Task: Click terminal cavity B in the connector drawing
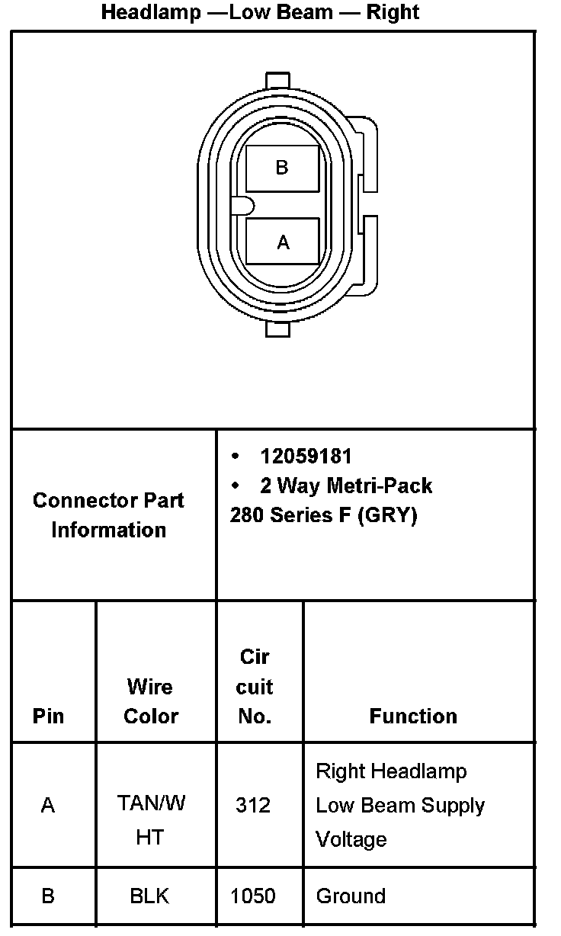tap(282, 168)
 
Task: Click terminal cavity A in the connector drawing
tap(283, 242)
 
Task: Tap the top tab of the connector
tap(277, 80)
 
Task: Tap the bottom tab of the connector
tap(277, 329)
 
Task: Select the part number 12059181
tap(306, 456)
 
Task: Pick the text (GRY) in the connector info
tap(389, 515)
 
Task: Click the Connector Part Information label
tap(108, 515)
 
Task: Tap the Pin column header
tap(48, 716)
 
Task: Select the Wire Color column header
tap(150, 701)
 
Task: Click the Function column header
tap(413, 716)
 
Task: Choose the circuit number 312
tap(253, 806)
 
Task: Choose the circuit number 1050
tap(253, 896)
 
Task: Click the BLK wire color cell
tap(149, 896)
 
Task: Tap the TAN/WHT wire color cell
tap(150, 820)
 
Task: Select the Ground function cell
tap(351, 896)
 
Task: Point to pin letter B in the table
tap(48, 896)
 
